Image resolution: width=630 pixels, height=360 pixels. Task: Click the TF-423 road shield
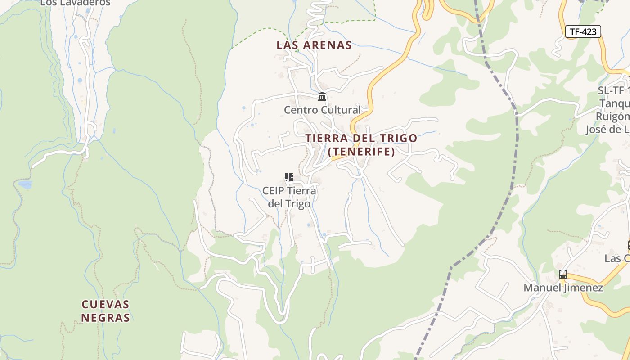coord(583,31)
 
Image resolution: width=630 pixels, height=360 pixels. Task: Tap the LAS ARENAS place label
coord(314,45)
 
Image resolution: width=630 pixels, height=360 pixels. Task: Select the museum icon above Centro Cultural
coord(322,97)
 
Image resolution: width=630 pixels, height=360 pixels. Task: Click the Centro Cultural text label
coord(322,110)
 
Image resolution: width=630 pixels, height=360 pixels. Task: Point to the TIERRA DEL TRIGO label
coord(361,138)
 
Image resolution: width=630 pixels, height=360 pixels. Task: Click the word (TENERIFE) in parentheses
coord(362,152)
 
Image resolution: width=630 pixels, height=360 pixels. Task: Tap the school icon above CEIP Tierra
coord(289,177)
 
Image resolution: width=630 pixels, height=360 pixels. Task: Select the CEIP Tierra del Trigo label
coord(289,197)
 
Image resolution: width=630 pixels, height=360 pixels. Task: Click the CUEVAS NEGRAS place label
coord(106,311)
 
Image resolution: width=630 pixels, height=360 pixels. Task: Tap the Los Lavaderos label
coord(75,3)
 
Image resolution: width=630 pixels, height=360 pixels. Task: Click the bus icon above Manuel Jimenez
coord(562,274)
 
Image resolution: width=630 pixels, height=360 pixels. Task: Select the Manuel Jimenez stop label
coord(563,288)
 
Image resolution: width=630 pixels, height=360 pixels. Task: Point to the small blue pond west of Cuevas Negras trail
coord(25,184)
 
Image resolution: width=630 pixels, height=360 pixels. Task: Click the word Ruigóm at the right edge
coord(612,117)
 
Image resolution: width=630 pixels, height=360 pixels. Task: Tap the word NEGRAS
coord(106,318)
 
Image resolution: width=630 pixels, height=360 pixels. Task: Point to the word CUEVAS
coord(106,305)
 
